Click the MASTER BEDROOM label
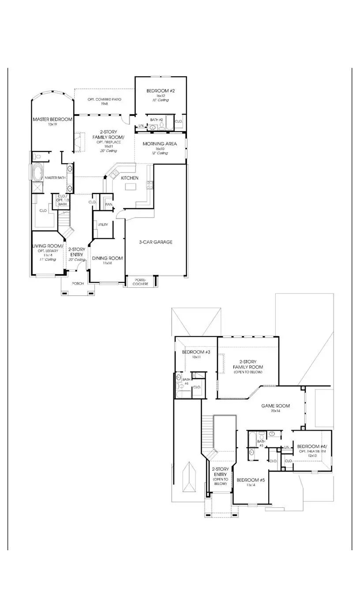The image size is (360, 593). coord(52,119)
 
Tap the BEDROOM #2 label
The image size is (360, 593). coord(161,91)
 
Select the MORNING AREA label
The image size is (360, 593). coord(160,143)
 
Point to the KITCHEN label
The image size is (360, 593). coord(130,178)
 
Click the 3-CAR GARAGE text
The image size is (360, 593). coord(155,242)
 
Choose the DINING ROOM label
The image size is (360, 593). coord(107,258)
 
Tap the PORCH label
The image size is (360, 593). coord(78,284)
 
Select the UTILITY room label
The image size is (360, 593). coord(103,225)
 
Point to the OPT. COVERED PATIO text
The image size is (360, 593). coord(104,100)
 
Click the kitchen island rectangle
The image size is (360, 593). coord(131,187)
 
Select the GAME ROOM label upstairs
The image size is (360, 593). coord(276,405)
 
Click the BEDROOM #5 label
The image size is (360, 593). coord(251,480)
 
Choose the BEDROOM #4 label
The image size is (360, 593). coord(311,446)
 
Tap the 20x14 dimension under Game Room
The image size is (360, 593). coord(276,411)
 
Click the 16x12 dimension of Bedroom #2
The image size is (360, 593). coord(160,96)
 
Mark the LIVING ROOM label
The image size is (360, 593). coord(48,246)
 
